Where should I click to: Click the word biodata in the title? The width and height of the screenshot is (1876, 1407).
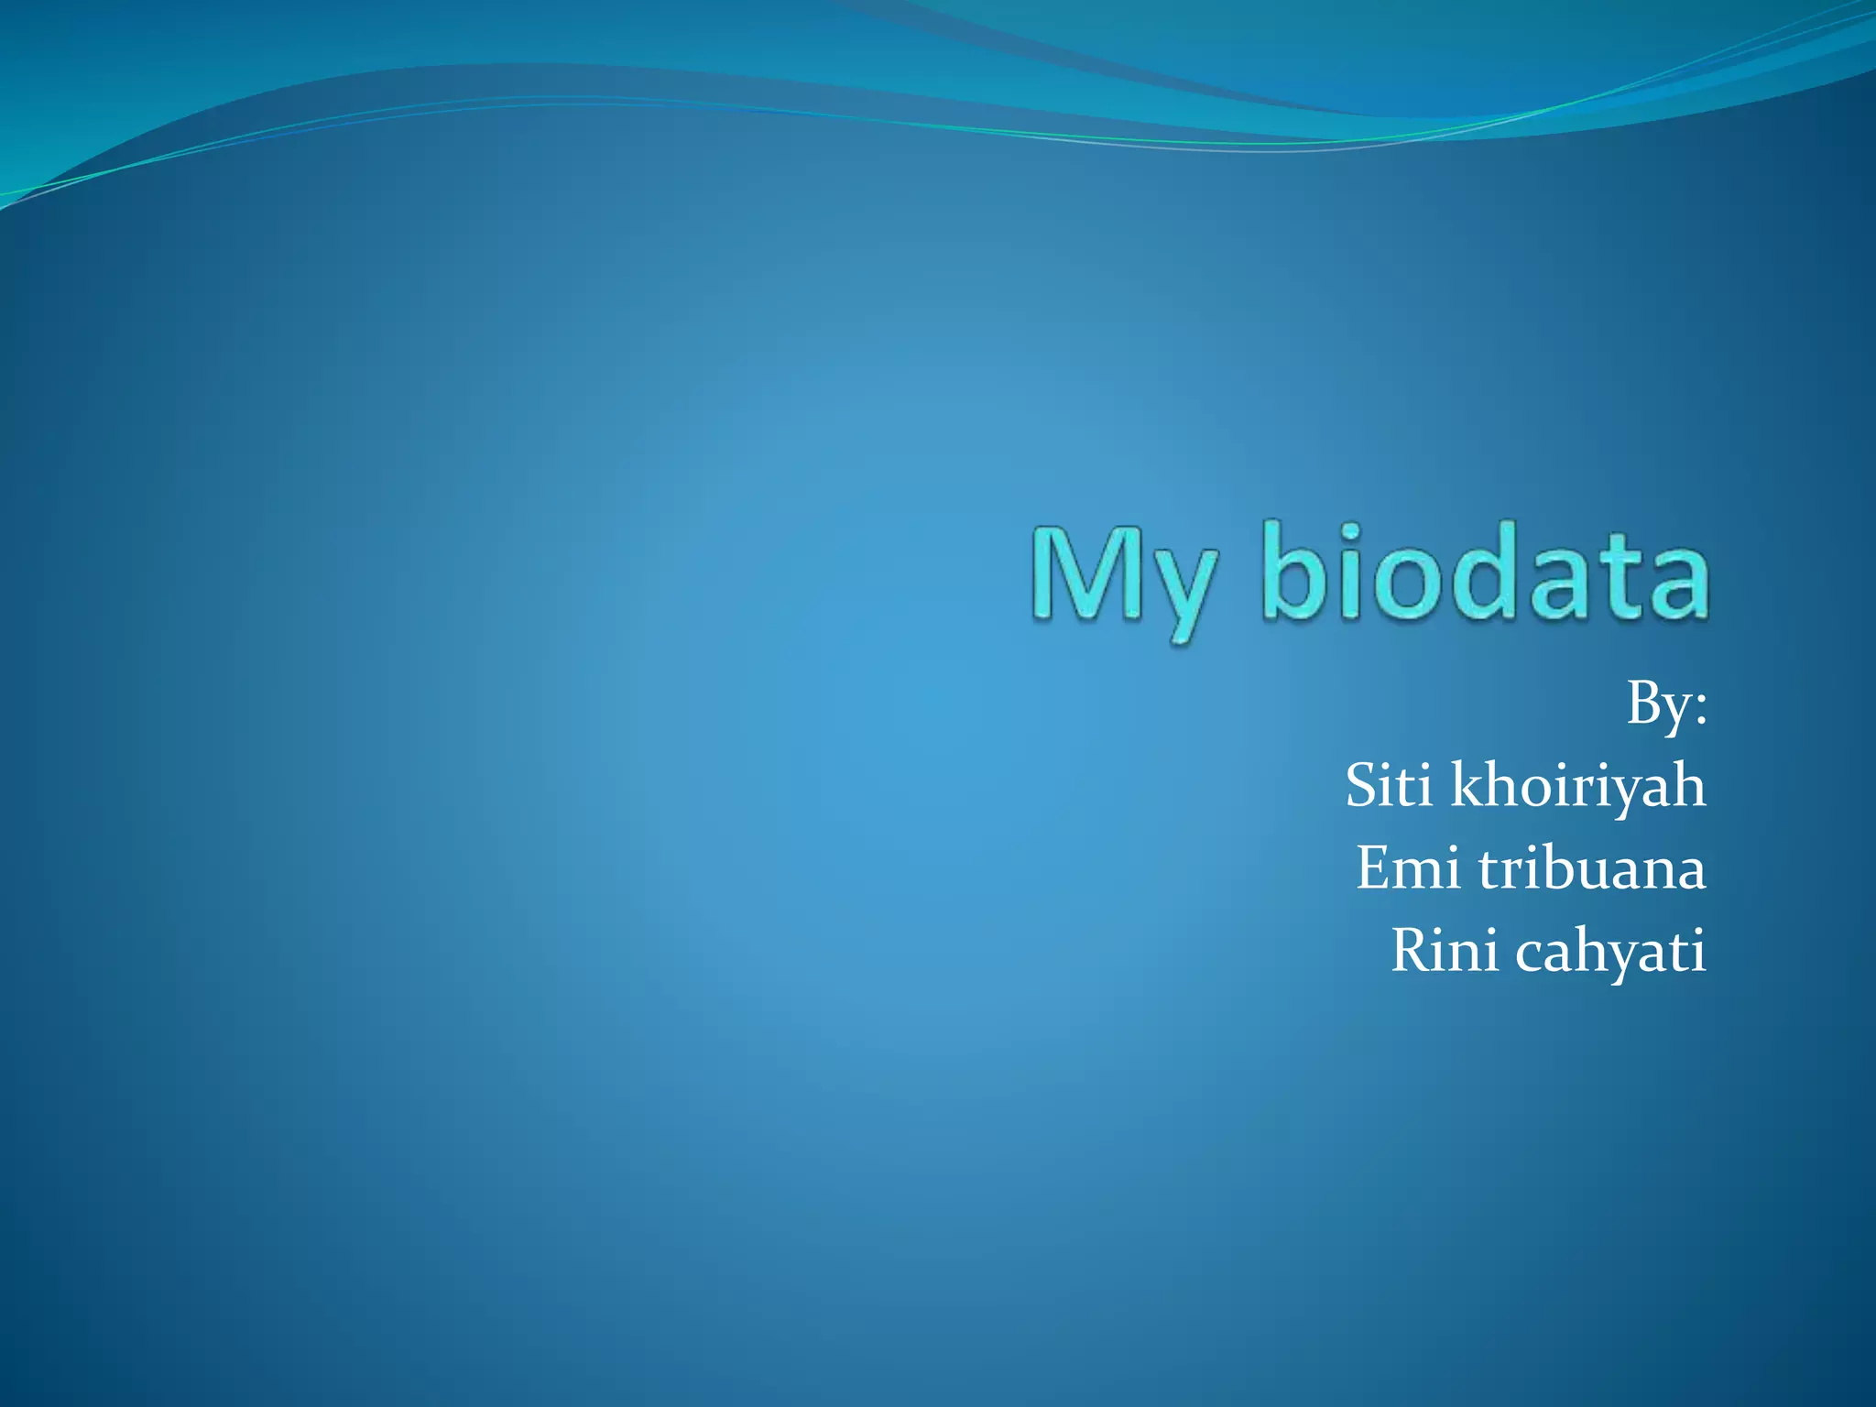coord(1485,572)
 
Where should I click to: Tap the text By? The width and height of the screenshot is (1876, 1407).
coord(1666,706)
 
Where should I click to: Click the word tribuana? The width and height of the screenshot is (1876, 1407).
coord(1591,867)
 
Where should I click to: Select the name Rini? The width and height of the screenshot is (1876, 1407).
coord(1445,950)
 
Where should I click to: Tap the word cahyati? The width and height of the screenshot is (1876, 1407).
coord(1609,953)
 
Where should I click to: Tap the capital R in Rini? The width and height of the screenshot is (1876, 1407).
coord(1411,950)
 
